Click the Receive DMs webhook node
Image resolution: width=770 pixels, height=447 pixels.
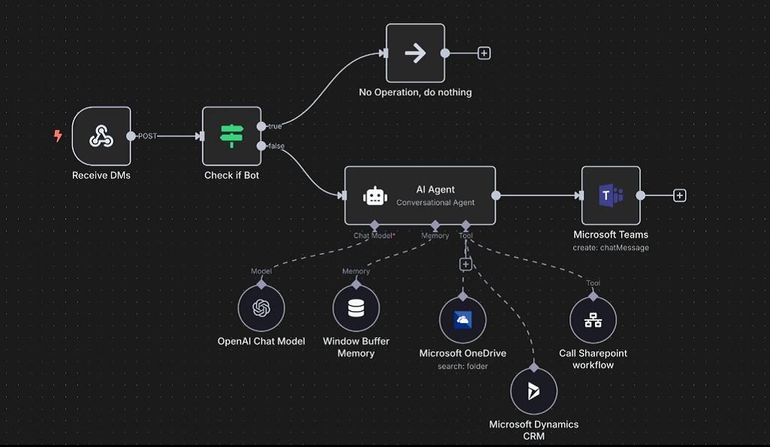[x=101, y=136]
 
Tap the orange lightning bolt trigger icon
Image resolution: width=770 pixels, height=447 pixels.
[x=58, y=135]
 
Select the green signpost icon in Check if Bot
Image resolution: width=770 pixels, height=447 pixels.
[x=232, y=136]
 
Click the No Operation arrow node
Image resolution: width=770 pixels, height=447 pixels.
[x=415, y=53]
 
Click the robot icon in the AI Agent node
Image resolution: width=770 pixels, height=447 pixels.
[x=375, y=196]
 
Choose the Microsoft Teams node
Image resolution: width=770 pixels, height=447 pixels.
[x=611, y=195]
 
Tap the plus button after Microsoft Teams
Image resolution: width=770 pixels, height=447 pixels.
[x=680, y=195]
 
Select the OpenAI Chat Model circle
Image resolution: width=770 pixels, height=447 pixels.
[x=261, y=309]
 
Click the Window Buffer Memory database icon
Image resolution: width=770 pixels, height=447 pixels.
[x=356, y=309]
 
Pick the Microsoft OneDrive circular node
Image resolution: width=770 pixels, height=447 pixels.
[x=463, y=320]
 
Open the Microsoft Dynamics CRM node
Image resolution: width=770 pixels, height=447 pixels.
[x=534, y=391]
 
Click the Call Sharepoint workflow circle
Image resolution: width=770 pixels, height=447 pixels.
[x=593, y=320]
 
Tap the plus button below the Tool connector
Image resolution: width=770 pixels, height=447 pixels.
[x=466, y=264]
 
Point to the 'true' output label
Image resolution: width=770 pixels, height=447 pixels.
[x=275, y=126]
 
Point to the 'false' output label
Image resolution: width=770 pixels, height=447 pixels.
[x=276, y=146]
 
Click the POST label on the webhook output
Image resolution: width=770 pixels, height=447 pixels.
[x=147, y=136]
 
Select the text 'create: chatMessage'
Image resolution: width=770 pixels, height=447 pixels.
[x=611, y=248]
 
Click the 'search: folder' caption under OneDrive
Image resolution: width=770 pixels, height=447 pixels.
[x=463, y=366]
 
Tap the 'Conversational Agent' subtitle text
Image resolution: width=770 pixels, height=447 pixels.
[x=436, y=202]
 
